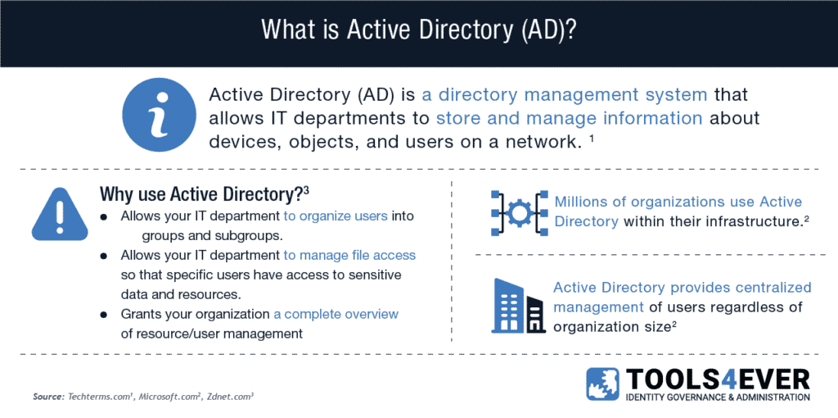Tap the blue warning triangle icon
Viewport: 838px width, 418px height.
pos(60,214)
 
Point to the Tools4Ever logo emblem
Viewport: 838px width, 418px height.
pos(603,384)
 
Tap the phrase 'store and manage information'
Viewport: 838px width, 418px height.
pos(570,118)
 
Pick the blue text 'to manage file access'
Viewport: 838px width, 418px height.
pos(349,255)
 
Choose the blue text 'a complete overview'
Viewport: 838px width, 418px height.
pos(336,314)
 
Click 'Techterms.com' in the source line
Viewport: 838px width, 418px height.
pos(99,398)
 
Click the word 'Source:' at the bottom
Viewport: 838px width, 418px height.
pos(48,398)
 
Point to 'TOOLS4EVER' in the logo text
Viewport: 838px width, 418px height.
pos(718,379)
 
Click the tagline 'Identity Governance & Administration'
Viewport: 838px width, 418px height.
pos(718,398)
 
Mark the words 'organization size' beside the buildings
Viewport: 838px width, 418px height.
pos(609,326)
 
